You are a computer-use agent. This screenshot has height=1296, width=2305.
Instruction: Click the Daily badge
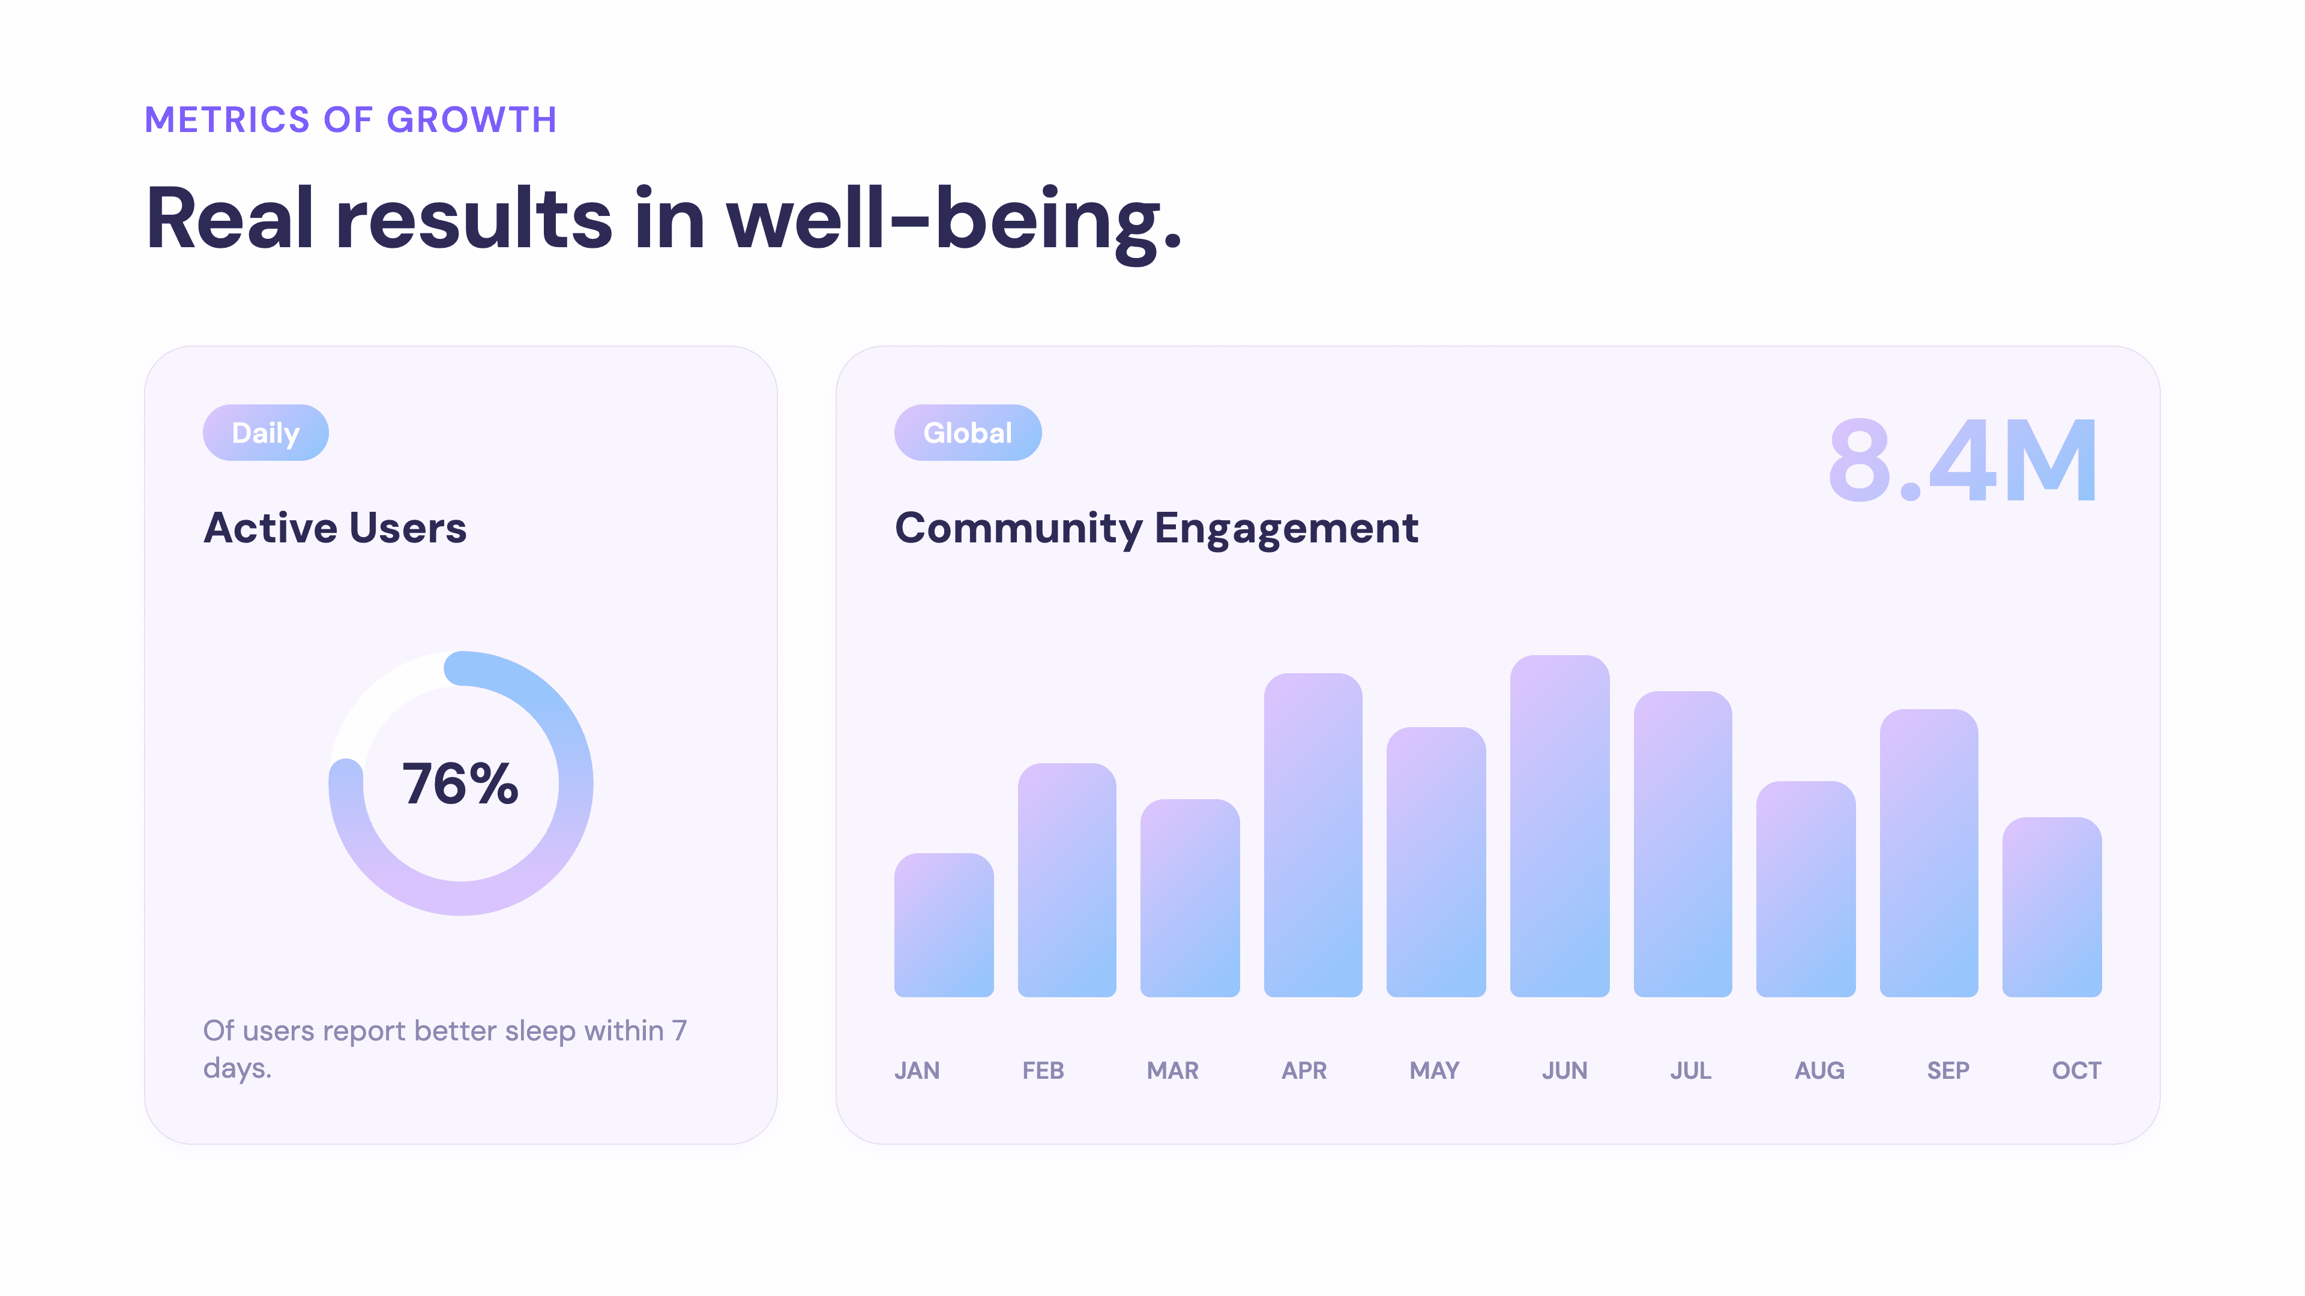pos(266,433)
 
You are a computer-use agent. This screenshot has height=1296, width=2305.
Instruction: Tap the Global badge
pos(967,433)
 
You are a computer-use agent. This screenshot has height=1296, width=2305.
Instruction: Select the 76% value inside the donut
pos(460,784)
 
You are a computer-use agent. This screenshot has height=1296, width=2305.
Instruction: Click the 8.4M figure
pos(1962,461)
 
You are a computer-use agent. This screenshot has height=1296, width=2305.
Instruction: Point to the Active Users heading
pos(335,528)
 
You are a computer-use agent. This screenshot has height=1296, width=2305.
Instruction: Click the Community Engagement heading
pos(1156,528)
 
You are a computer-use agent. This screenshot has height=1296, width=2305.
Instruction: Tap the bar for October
pos(2052,907)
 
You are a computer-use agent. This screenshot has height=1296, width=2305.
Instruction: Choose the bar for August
pos(1806,889)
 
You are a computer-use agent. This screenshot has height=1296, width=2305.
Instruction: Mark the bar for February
pos(1067,880)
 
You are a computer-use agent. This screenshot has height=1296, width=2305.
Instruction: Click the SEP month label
pos(1948,1070)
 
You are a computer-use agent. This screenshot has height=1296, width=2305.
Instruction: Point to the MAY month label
pos(1435,1070)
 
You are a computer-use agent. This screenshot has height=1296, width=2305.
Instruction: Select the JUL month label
pos(1690,1070)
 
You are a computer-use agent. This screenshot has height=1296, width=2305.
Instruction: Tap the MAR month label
pos(1172,1070)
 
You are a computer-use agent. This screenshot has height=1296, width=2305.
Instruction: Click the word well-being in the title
pos(954,219)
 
